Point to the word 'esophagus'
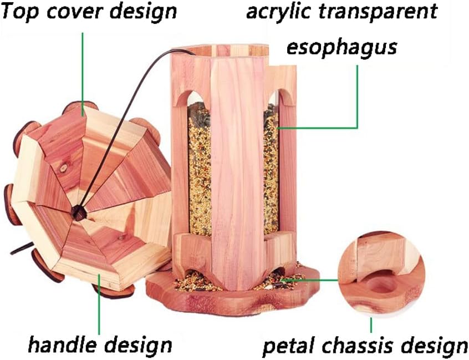pos(341,48)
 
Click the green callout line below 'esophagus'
pos(358,94)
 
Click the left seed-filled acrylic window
pos(199,166)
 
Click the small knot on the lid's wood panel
pos(63,166)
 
